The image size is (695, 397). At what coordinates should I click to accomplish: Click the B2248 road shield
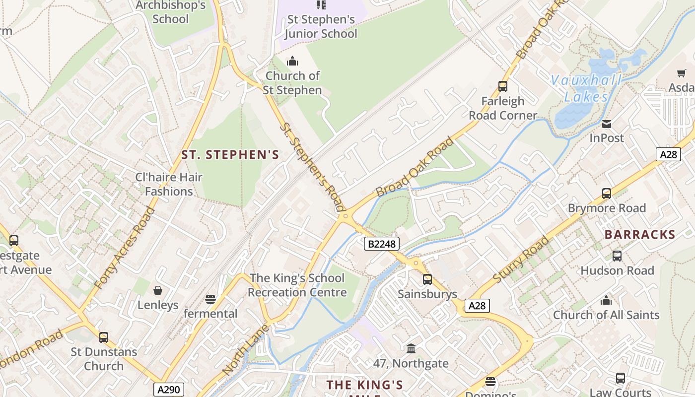coord(381,243)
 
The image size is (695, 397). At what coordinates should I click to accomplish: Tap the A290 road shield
coord(168,390)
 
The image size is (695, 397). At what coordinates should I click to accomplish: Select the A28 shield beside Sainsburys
coord(477,306)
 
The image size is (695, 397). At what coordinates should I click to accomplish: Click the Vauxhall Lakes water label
coord(586,88)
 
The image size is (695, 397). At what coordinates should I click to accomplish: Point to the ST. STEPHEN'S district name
coord(230,155)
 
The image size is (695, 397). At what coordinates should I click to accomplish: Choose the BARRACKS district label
coord(640,235)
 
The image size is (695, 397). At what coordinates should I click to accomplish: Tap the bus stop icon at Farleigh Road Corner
coord(503,86)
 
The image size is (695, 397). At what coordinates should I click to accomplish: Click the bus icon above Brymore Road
coord(606,193)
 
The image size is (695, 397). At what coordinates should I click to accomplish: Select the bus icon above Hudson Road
coord(617,256)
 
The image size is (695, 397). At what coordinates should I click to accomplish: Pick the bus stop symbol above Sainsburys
coord(427,279)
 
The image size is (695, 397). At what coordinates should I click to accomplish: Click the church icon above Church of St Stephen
coord(292,61)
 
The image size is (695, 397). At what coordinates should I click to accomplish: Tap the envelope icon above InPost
coord(606,124)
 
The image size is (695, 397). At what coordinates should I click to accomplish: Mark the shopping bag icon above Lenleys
coord(158,290)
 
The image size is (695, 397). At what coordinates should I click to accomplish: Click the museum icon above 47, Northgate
coord(411,349)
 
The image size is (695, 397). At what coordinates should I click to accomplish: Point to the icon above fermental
coord(210,299)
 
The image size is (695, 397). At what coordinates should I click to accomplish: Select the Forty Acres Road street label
coord(124,248)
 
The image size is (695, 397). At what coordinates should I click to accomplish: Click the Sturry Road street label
coord(521,260)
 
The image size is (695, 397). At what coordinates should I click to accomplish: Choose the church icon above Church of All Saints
coord(606,300)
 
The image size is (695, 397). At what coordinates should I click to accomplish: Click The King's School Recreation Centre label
coord(297,285)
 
